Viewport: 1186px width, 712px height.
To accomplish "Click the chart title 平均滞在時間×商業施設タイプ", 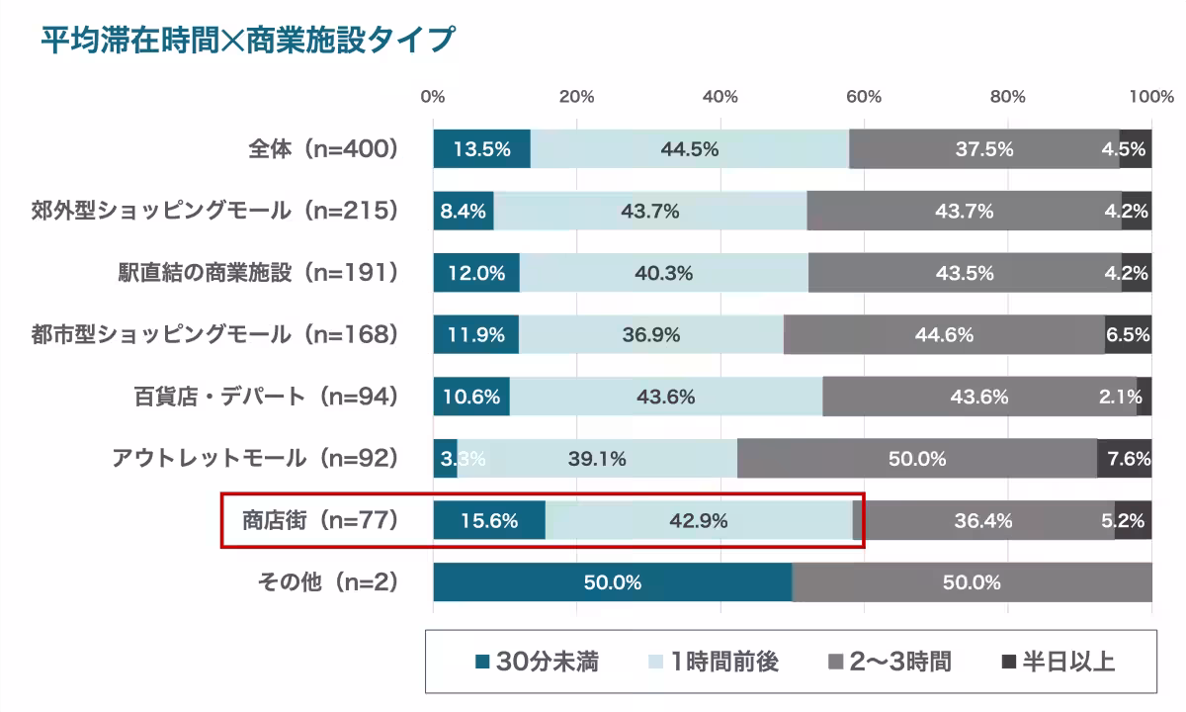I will click(247, 41).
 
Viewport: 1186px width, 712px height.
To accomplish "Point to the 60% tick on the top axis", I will click(864, 97).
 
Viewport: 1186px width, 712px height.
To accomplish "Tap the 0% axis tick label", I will click(433, 97).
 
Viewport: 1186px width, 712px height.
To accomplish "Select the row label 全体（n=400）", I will click(322, 149).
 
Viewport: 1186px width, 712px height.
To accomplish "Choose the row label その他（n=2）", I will click(327, 582).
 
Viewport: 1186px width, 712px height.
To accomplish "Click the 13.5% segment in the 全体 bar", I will click(481, 149).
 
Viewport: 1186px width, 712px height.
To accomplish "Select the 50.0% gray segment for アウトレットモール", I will click(916, 459).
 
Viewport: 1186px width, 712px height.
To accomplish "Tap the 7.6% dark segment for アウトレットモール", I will click(1126, 459).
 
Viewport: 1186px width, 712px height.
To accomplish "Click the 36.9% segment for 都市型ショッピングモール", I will click(650, 335).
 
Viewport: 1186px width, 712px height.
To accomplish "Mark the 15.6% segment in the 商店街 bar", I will click(489, 521).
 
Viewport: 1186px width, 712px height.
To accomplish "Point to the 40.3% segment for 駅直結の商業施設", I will click(663, 273).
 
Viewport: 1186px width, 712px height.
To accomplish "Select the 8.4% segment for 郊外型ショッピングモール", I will click(463, 211).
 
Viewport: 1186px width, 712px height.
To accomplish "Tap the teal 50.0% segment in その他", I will click(612, 582).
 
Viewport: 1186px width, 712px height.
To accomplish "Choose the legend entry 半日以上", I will click(1059, 662).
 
